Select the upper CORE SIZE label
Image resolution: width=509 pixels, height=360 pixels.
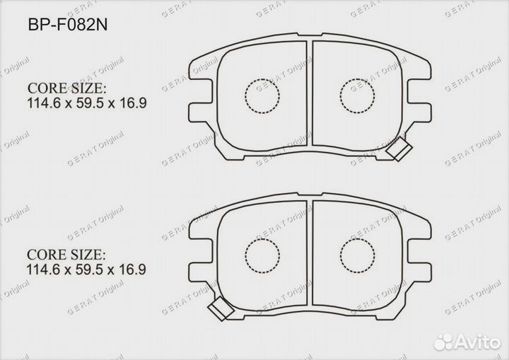click(66, 88)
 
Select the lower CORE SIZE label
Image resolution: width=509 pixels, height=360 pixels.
click(66, 254)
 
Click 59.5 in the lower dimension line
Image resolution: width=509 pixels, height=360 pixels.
click(89, 269)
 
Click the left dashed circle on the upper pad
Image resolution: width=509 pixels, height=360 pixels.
click(262, 93)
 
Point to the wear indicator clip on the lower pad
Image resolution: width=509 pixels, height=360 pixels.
click(221, 308)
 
